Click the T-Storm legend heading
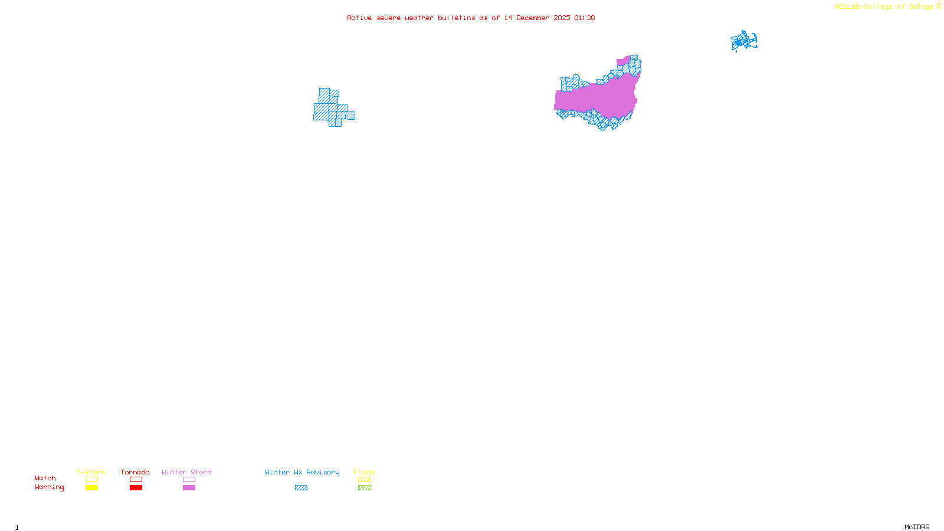91,472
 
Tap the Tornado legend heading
135,472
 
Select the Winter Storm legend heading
186,472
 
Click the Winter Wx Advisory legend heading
302,472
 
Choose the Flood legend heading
364,472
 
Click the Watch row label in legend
45,478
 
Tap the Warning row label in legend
49,487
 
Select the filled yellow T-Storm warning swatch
91,488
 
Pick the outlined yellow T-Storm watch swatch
91,480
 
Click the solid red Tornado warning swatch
136,488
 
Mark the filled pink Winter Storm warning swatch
189,488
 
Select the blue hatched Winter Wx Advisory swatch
301,488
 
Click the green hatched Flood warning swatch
364,488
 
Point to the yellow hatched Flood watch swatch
364,480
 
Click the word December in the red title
533,18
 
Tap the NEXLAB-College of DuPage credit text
884,7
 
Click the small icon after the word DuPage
939,6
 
